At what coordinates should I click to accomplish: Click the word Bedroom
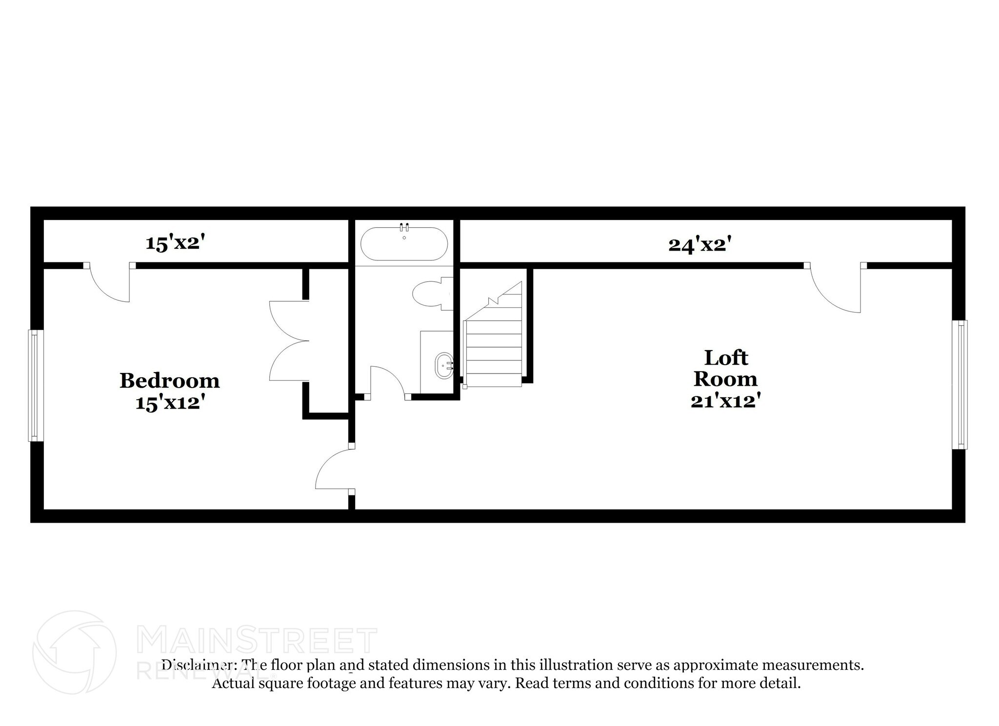point(169,381)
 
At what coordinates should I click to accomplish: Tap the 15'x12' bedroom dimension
point(169,403)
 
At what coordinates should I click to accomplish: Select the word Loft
point(726,358)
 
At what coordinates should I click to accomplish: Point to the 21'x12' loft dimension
point(726,401)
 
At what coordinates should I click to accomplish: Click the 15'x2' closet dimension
point(174,243)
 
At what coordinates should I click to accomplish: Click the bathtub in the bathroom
point(404,244)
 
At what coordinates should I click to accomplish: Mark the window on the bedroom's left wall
point(35,385)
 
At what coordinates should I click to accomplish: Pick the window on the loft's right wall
point(961,384)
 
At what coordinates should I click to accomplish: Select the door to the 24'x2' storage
point(835,288)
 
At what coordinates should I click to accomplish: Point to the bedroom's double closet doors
point(289,341)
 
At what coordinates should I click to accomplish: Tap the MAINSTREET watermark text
point(257,641)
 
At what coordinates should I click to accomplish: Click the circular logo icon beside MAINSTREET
point(74,652)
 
